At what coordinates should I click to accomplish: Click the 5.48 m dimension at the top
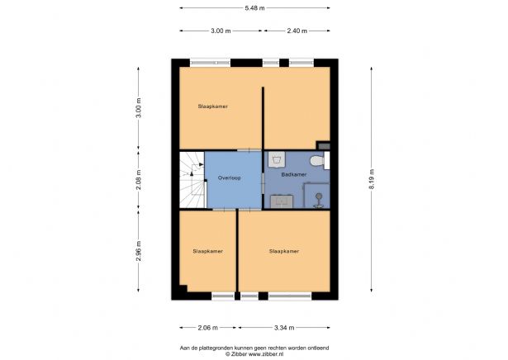254,8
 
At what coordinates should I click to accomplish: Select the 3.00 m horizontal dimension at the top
221,31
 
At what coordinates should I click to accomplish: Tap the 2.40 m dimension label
297,31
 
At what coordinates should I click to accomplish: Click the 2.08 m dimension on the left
139,178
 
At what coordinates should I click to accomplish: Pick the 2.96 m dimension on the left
139,250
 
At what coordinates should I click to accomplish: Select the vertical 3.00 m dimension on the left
139,108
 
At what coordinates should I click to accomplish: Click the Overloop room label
229,178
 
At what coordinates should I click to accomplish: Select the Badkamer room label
293,174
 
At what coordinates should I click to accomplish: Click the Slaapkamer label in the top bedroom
212,107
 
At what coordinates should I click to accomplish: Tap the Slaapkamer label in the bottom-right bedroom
283,251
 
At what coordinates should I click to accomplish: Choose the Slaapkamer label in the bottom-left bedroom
207,251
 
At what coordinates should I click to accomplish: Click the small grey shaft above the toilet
324,145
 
